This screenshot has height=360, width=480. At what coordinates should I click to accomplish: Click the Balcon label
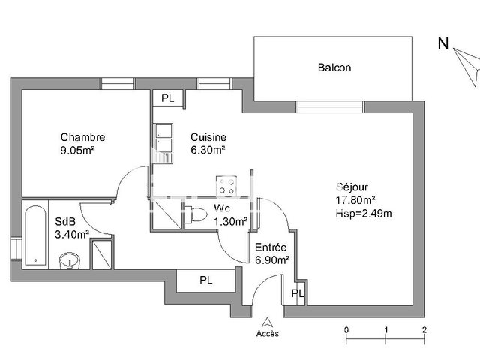pos(334,67)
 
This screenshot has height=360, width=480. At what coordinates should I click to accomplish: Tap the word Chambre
pos(82,137)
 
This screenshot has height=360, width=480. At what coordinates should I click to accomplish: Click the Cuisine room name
pos(208,137)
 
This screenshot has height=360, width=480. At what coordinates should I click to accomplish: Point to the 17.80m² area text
pos(355,199)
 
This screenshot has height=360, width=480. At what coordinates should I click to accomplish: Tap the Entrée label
pos(269,247)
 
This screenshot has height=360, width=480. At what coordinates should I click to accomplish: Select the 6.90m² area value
pos(272,259)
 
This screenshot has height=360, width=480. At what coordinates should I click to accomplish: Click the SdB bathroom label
pos(64,222)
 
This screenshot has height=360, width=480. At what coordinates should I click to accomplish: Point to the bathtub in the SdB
pos(34,233)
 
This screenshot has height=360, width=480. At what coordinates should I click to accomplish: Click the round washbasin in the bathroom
pos(70,261)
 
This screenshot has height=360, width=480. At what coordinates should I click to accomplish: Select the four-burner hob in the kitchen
pos(227,184)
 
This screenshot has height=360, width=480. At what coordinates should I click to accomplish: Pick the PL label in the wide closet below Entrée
pos(205,280)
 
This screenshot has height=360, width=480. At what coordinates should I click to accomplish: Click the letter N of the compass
pos(443,43)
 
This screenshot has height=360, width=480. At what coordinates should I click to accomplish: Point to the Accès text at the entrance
pos(267,333)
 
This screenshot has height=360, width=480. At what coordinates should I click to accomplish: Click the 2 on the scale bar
pos(424,329)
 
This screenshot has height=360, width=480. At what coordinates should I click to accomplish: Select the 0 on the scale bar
pos(346,329)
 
